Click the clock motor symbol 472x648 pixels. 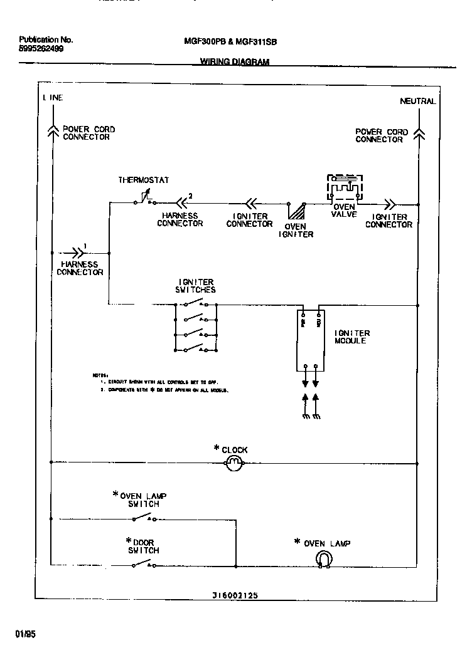click(x=233, y=464)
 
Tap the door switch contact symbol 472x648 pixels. click(x=142, y=564)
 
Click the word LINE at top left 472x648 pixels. click(x=53, y=98)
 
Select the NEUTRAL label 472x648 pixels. click(x=417, y=102)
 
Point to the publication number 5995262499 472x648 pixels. click(x=41, y=48)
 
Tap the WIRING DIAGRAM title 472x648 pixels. click(x=234, y=61)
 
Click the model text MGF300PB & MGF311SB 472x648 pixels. click(x=230, y=42)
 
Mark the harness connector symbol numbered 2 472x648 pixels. click(x=181, y=202)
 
